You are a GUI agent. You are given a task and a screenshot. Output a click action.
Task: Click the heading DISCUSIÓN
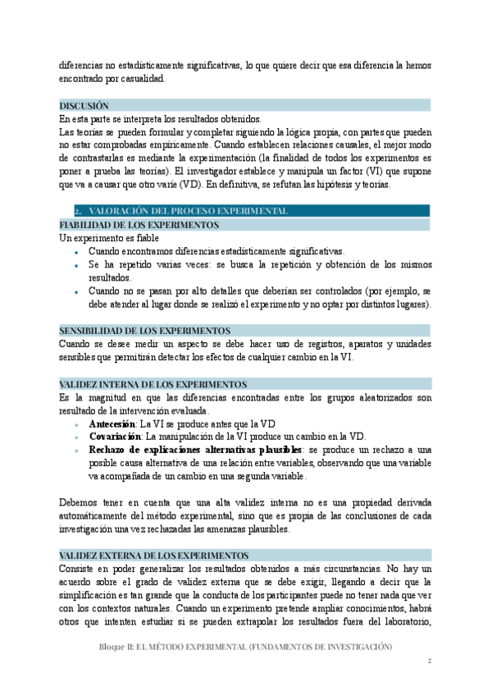point(84,106)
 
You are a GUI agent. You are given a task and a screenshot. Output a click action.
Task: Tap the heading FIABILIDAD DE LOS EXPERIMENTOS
point(139,224)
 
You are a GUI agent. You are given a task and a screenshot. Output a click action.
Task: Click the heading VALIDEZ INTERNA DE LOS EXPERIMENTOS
point(153,384)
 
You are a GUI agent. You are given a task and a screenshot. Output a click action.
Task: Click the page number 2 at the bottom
point(429,661)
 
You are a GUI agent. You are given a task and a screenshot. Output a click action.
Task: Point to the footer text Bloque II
point(114,648)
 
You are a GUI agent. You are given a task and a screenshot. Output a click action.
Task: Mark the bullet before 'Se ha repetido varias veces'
point(75,266)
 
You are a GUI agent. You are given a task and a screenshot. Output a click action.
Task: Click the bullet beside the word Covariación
point(75,437)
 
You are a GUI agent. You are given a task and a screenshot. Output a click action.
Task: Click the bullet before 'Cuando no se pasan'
point(75,292)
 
